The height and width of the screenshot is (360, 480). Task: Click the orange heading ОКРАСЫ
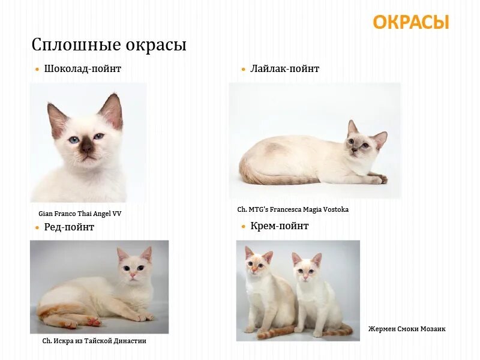410,22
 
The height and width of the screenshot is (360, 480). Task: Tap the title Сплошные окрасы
109,45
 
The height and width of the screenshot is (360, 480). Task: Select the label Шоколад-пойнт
83,69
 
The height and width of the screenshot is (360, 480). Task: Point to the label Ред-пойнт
69,227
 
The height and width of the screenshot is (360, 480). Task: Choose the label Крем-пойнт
280,226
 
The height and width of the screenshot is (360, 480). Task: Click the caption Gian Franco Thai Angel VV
80,213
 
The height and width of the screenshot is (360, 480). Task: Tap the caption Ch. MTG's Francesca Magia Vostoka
293,209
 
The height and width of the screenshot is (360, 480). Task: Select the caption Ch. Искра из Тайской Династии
94,341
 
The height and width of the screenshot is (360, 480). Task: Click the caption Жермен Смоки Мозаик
407,329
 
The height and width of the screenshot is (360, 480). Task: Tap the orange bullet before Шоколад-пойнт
37,70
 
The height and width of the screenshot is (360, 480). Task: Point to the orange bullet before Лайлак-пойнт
244,70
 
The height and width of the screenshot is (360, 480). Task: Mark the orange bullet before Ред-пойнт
37,227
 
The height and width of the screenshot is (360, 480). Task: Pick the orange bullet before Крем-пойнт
244,227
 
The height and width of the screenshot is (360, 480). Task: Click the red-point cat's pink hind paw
93,322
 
